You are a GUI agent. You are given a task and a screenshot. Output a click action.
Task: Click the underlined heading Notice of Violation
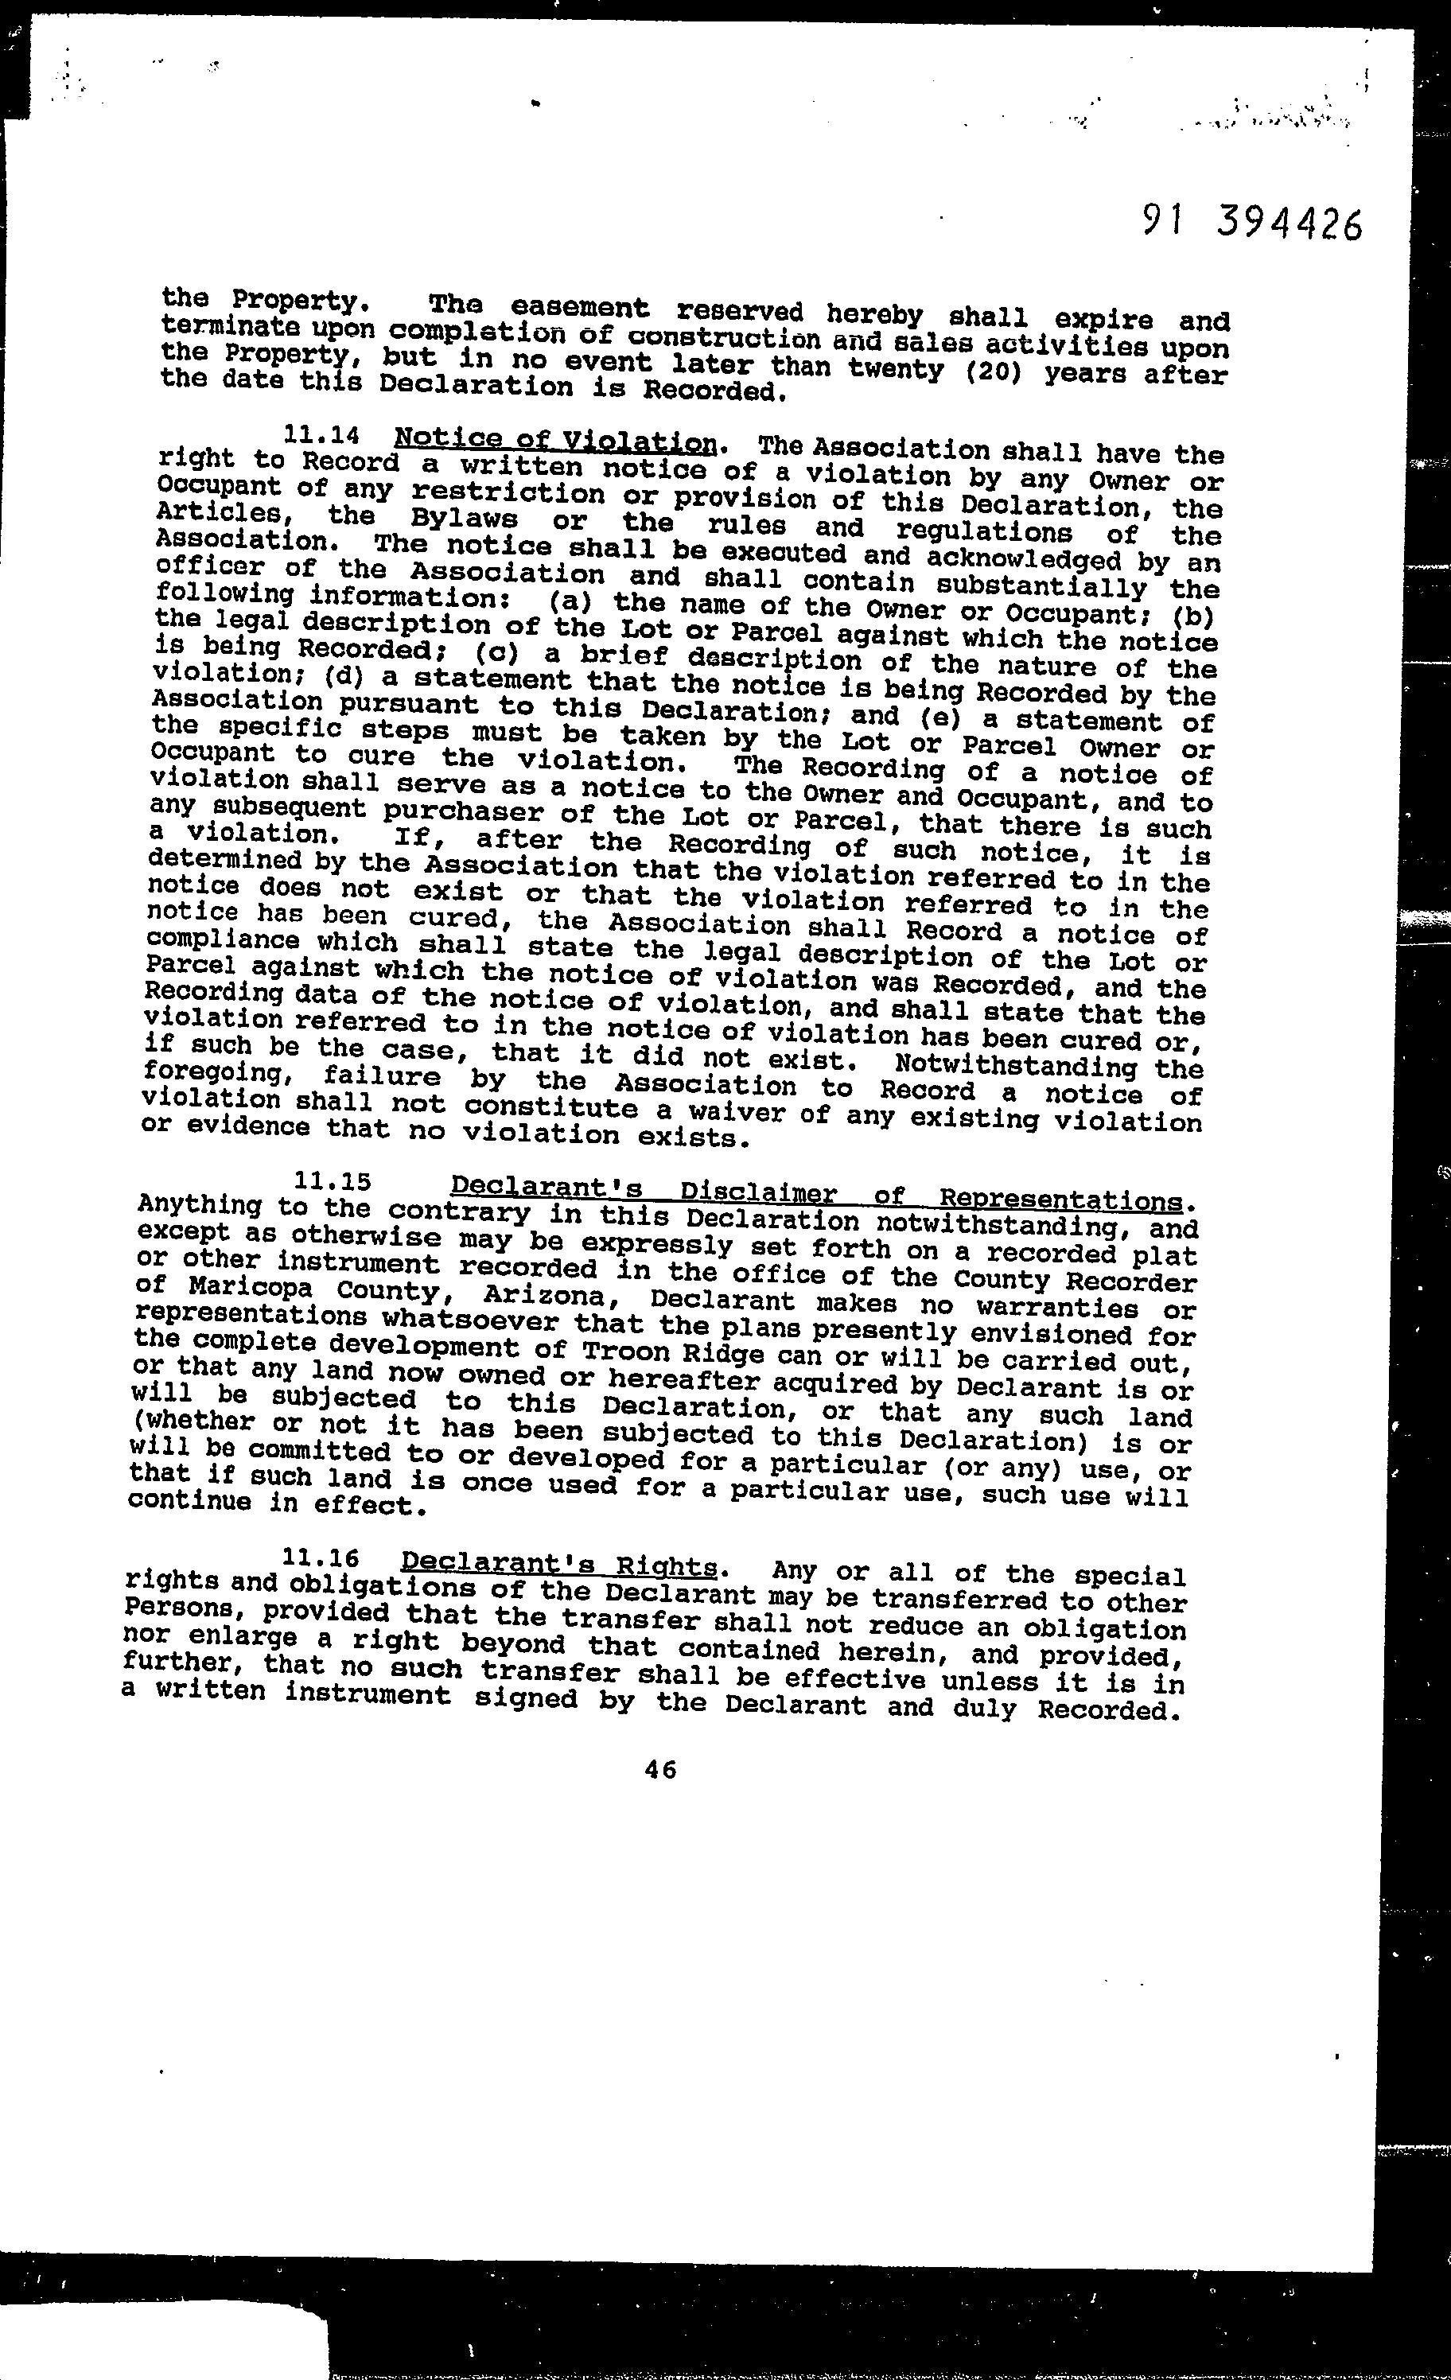click(555, 441)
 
